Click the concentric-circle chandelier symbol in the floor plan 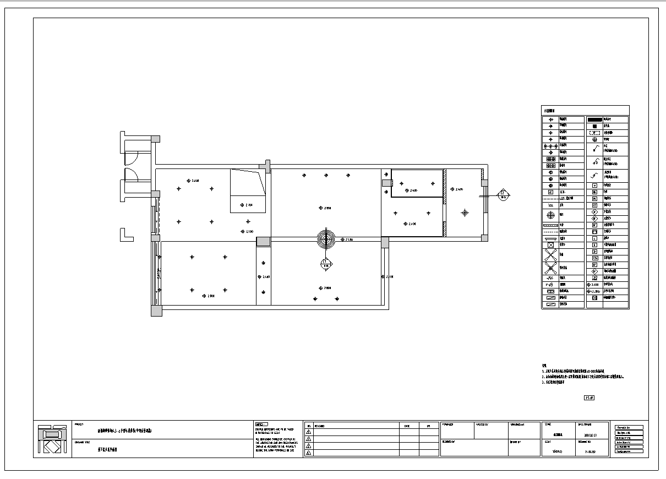[x=326, y=239]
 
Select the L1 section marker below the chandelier [x=326, y=264]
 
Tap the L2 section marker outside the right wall [x=503, y=194]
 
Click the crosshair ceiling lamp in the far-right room [x=465, y=213]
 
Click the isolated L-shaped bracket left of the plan [x=126, y=235]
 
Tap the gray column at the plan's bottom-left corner [x=157, y=311]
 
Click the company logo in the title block [x=53, y=439]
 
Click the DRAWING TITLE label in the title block [x=82, y=442]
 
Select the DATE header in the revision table [x=407, y=426]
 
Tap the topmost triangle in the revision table [x=309, y=432]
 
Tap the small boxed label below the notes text [x=588, y=398]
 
